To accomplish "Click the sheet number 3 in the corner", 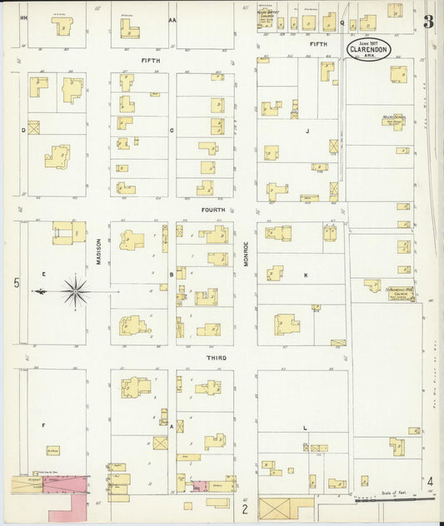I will point(428,22).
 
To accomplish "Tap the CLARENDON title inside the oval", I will point(367,49).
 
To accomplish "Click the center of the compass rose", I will point(75,291).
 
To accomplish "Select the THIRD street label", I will point(216,357).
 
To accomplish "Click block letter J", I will point(307,131).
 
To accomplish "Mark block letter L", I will point(305,428).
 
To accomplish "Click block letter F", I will point(43,424).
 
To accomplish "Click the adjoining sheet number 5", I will point(16,284).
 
